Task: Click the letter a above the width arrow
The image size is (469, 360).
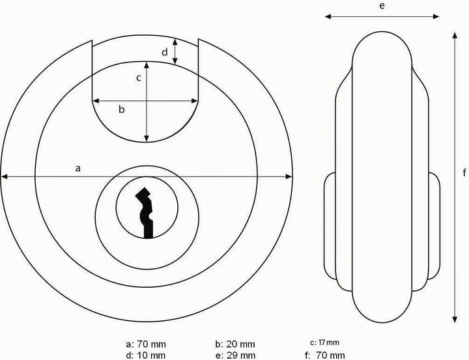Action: click(78, 169)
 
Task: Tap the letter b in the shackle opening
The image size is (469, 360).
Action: click(121, 109)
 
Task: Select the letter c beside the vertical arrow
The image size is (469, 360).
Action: click(139, 78)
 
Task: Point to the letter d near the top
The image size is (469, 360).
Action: click(165, 52)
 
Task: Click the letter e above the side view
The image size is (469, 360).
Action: click(382, 6)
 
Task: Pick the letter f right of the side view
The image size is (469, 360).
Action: click(464, 173)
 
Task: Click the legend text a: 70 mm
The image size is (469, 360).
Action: click(146, 344)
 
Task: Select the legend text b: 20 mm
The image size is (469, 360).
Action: click(235, 344)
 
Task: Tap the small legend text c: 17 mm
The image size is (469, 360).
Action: click(324, 342)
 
